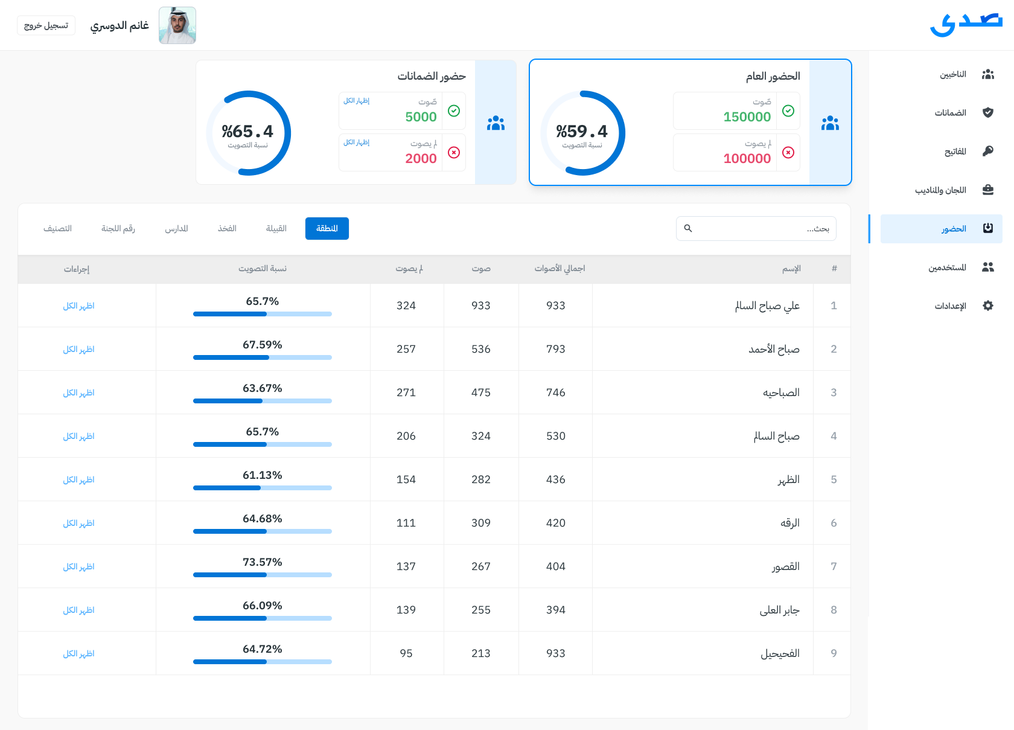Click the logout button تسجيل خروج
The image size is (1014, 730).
pos(46,25)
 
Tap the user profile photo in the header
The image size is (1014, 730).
pos(177,25)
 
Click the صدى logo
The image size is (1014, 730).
pos(966,24)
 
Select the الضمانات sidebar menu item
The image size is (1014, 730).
pos(951,113)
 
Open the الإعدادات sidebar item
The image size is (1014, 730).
pos(951,306)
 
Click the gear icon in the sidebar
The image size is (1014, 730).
pos(988,306)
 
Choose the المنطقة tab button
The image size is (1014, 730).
pos(327,228)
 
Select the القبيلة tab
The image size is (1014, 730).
pos(276,228)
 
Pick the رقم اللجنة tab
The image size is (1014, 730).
pos(118,228)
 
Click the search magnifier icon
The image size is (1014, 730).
pos(688,228)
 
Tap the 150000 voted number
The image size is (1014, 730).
pos(747,117)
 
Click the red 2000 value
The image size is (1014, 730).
pos(421,159)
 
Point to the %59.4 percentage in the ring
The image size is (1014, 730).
pos(582,132)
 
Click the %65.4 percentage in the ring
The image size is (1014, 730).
pos(247,132)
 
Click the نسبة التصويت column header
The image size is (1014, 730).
pos(263,269)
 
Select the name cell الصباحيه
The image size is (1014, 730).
pos(781,392)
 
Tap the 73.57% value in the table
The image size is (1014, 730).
pos(263,562)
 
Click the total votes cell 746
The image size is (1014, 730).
pos(556,392)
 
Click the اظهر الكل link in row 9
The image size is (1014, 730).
pos(79,653)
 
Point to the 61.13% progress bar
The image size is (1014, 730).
pos(263,488)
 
